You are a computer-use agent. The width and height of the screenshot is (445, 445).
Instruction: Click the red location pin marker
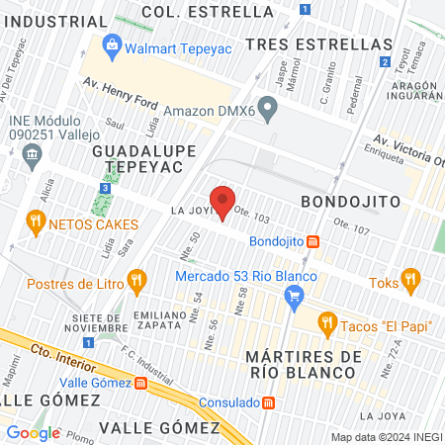pos(223,202)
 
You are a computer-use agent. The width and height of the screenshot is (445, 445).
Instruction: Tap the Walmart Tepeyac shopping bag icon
pos(111,45)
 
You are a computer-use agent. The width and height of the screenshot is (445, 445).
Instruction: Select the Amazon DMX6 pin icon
pos(266,106)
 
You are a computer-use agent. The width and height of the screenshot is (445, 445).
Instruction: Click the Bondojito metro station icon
pos(313,241)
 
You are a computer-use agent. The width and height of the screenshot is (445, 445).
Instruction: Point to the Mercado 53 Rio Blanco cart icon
pos(294,294)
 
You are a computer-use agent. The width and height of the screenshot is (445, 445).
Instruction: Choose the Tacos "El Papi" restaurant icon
pos(327,321)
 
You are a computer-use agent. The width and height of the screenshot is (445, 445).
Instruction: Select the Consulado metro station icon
pos(269,402)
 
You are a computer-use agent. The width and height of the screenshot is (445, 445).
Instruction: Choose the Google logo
pos(34,432)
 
